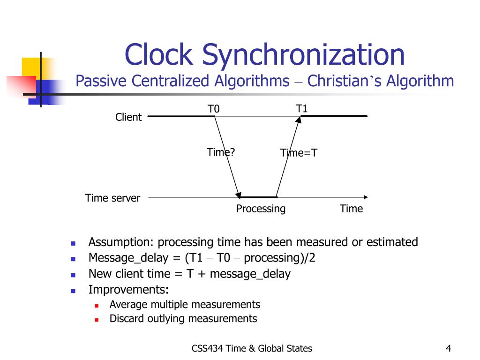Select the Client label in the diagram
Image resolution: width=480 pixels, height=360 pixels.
point(128,117)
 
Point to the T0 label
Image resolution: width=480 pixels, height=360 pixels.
point(214,109)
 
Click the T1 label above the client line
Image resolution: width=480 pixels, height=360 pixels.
point(302,109)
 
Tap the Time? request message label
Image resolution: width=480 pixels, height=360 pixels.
point(221,152)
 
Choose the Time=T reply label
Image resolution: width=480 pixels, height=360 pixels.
point(299,153)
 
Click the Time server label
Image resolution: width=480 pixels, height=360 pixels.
point(112,198)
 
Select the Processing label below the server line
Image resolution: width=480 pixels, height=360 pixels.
point(261,209)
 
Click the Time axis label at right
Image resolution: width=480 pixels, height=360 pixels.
point(351,209)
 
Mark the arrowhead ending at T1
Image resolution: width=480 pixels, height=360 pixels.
point(298,120)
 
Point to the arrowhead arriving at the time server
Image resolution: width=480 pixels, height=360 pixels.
point(239,195)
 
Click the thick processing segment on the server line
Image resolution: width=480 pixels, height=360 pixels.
point(258,197)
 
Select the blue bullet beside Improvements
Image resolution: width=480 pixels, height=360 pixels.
point(73,290)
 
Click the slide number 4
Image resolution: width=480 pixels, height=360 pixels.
point(449,348)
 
